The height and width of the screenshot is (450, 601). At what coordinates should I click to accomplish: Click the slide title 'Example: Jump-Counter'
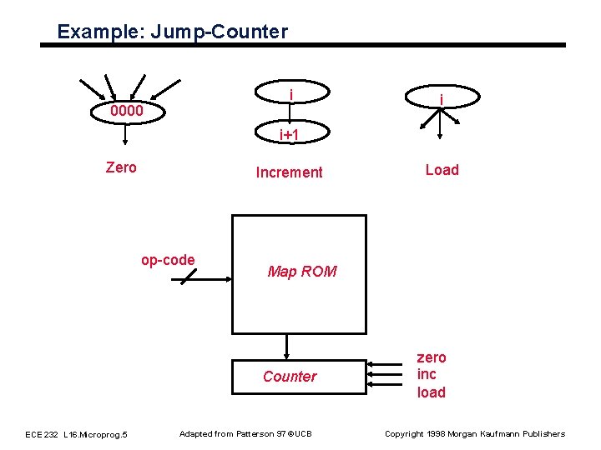click(172, 32)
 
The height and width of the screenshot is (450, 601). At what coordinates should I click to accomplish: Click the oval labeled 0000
click(127, 111)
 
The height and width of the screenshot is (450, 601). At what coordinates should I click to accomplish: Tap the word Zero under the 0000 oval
click(121, 167)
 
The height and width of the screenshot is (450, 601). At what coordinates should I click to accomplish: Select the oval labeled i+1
click(290, 133)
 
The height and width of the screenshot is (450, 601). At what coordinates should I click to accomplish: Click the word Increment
click(289, 172)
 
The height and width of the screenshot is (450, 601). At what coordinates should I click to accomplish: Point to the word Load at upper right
click(442, 170)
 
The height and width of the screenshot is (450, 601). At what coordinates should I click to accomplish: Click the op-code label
click(168, 260)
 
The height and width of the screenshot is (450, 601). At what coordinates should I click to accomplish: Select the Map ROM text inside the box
click(301, 271)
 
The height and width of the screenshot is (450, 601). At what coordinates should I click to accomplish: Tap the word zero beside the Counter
click(432, 357)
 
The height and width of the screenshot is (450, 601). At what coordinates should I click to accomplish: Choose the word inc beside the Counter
click(427, 374)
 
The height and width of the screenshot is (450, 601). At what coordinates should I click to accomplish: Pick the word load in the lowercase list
click(431, 392)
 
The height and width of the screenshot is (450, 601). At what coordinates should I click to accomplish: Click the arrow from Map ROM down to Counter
click(287, 346)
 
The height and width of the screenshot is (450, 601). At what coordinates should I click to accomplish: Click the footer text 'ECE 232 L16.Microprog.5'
click(76, 434)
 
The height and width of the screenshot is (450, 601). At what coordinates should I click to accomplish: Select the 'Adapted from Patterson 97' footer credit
click(245, 433)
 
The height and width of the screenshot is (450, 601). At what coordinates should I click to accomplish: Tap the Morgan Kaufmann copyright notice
click(474, 433)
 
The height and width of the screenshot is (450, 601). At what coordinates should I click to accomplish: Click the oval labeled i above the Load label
click(442, 98)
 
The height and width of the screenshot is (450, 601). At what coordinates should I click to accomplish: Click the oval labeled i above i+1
click(290, 92)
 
